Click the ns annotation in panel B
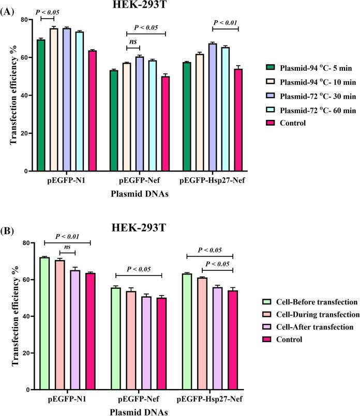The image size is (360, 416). point(68,248)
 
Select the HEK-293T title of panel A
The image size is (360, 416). point(141,5)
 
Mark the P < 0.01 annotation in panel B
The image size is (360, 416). point(67,237)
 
